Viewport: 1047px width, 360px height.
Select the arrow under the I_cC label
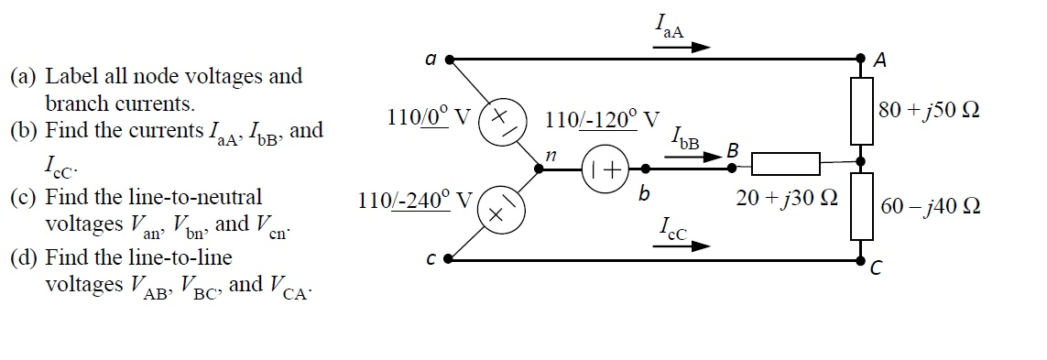click(688, 246)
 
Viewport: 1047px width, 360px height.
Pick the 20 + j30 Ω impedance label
click(782, 197)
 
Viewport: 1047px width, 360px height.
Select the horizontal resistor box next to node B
click(784, 165)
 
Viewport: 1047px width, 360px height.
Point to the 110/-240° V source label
click(415, 202)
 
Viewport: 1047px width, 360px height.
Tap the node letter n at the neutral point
click(551, 157)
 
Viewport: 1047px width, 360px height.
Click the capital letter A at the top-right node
click(880, 61)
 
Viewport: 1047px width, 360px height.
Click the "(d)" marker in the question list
click(25, 258)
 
